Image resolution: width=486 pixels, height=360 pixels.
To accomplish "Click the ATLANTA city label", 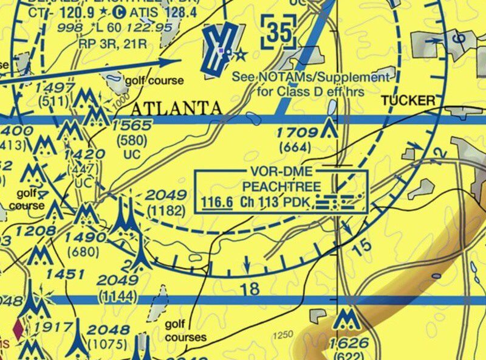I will coord(176,109).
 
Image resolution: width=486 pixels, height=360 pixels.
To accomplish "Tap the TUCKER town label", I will coord(408,100).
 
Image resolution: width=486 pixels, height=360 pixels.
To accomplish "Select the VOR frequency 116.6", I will coord(217,202).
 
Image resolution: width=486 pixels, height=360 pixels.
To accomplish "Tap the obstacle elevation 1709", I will coord(297,133).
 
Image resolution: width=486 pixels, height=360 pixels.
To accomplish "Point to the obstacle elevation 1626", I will coord(347,345).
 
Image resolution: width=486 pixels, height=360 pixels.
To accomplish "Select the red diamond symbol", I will coord(18,328).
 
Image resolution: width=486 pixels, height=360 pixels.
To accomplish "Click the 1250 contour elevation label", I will coord(282,334).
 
